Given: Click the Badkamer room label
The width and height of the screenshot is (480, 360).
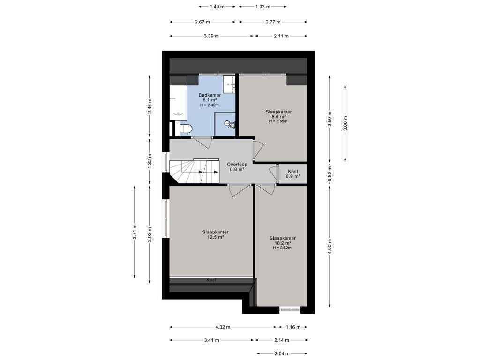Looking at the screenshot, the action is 210,95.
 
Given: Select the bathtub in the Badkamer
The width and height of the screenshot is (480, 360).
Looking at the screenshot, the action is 178,103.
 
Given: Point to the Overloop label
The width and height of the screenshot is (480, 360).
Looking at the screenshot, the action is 237,165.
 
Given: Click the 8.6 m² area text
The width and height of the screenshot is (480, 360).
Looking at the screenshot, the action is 278,116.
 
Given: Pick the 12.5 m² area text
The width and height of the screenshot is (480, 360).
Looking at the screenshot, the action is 216,237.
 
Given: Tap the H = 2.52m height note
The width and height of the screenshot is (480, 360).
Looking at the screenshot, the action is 282,247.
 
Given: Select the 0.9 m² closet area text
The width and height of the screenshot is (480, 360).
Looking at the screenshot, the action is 293,176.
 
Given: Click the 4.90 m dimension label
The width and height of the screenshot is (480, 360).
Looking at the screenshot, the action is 330,246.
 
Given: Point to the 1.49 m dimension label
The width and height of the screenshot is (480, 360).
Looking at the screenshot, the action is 217,7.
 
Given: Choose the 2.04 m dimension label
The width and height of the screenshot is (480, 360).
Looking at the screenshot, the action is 282,353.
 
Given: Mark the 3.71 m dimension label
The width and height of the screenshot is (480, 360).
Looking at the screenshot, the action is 135,232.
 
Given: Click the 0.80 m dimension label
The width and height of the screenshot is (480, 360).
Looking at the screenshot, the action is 330,174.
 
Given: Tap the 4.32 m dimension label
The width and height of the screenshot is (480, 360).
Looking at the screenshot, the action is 223,327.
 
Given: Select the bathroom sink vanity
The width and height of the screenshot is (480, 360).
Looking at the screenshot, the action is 229,84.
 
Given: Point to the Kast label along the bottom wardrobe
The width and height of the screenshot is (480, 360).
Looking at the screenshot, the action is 211,280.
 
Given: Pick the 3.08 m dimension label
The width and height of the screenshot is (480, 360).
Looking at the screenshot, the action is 345,123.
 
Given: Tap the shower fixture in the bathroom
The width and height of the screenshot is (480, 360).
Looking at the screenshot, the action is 231,124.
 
